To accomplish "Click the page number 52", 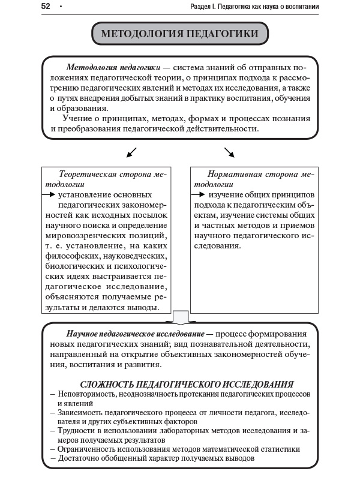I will coord(46,7).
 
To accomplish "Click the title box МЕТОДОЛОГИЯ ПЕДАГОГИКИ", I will coord(179,34).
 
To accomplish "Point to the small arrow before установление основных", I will coord(49,195).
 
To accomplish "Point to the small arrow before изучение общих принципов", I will coord(198,195).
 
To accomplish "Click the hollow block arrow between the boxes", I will coord(181,318).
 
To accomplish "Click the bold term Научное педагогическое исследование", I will coord(136,333).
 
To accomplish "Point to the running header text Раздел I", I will coord(203,7).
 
